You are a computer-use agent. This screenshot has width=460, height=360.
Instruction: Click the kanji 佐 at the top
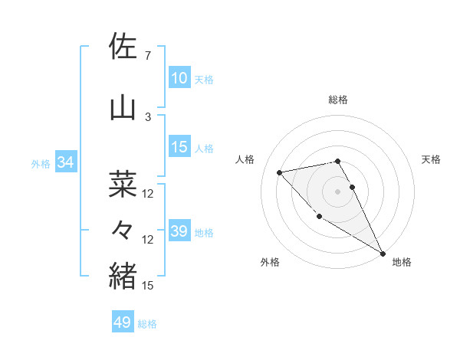tap(123, 47)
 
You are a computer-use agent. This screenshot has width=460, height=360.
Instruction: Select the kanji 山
tap(123, 108)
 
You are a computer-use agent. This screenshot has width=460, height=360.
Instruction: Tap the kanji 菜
tap(123, 185)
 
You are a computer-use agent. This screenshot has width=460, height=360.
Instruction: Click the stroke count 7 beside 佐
tap(147, 56)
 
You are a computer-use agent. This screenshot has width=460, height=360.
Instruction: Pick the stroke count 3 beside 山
tap(147, 116)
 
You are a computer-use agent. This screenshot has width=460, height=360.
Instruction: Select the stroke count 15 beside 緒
tap(148, 285)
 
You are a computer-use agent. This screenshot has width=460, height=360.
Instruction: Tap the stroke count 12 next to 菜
tap(148, 194)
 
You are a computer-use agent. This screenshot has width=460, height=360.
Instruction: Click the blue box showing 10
tap(179, 78)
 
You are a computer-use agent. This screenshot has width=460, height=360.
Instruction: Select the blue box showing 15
tap(179, 147)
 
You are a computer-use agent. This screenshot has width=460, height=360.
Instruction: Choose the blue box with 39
tap(179, 231)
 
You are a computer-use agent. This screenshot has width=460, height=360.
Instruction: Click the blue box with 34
tap(65, 162)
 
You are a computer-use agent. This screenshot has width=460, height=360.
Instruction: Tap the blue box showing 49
tap(122, 322)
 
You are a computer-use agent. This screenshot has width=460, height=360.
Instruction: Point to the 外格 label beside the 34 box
tap(40, 163)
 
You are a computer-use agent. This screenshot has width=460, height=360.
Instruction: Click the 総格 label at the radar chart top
tap(338, 100)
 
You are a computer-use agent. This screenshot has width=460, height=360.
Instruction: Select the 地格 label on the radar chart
tap(402, 262)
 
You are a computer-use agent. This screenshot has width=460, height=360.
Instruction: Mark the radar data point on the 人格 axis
tap(280, 172)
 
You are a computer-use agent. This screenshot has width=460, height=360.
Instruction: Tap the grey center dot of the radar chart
tap(338, 191)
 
